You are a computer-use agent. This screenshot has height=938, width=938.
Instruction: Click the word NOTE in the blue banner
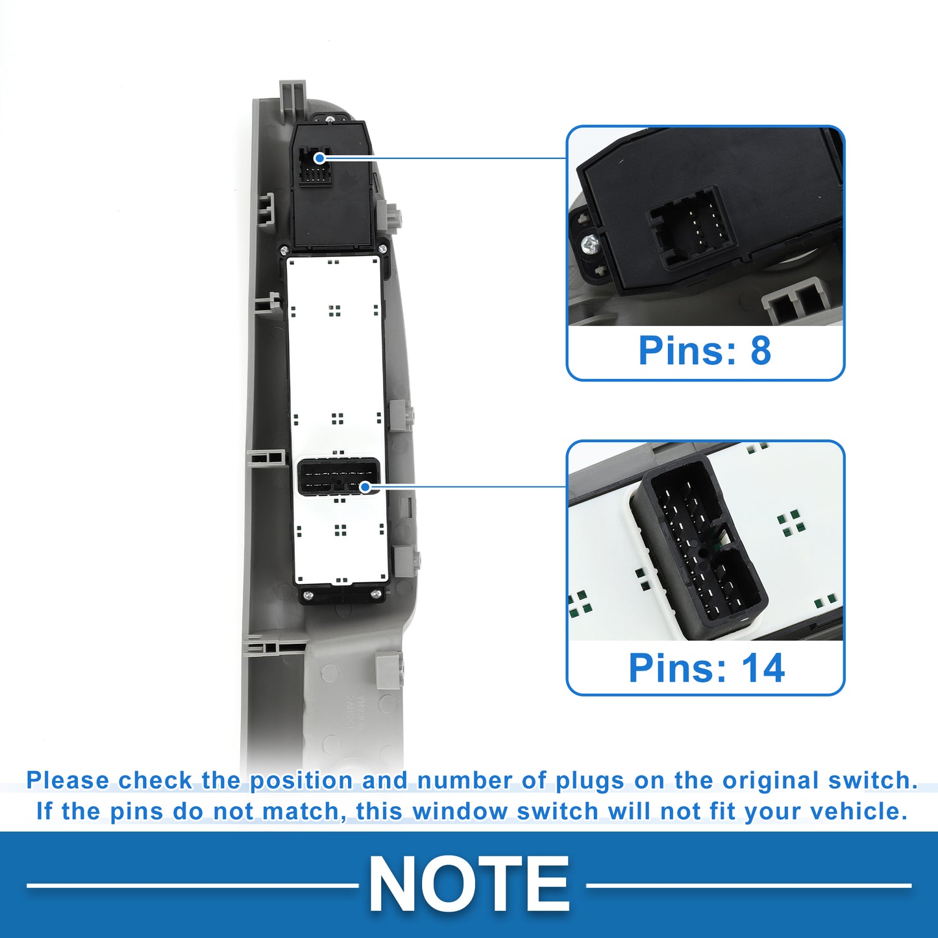[x=469, y=883]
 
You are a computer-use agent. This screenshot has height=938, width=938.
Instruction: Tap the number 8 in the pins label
[x=761, y=350]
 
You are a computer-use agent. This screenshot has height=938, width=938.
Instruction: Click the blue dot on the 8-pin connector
[x=319, y=158]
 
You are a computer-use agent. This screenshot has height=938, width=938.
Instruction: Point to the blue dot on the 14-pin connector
[x=365, y=487]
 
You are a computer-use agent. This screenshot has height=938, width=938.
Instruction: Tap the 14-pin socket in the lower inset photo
[x=698, y=546]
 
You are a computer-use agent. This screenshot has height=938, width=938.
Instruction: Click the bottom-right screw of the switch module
[x=375, y=595]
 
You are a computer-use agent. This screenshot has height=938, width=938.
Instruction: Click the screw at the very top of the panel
[x=330, y=119]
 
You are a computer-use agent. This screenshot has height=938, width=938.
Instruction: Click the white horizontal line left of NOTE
[x=193, y=885]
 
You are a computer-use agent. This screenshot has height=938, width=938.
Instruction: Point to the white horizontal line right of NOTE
[x=748, y=885]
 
